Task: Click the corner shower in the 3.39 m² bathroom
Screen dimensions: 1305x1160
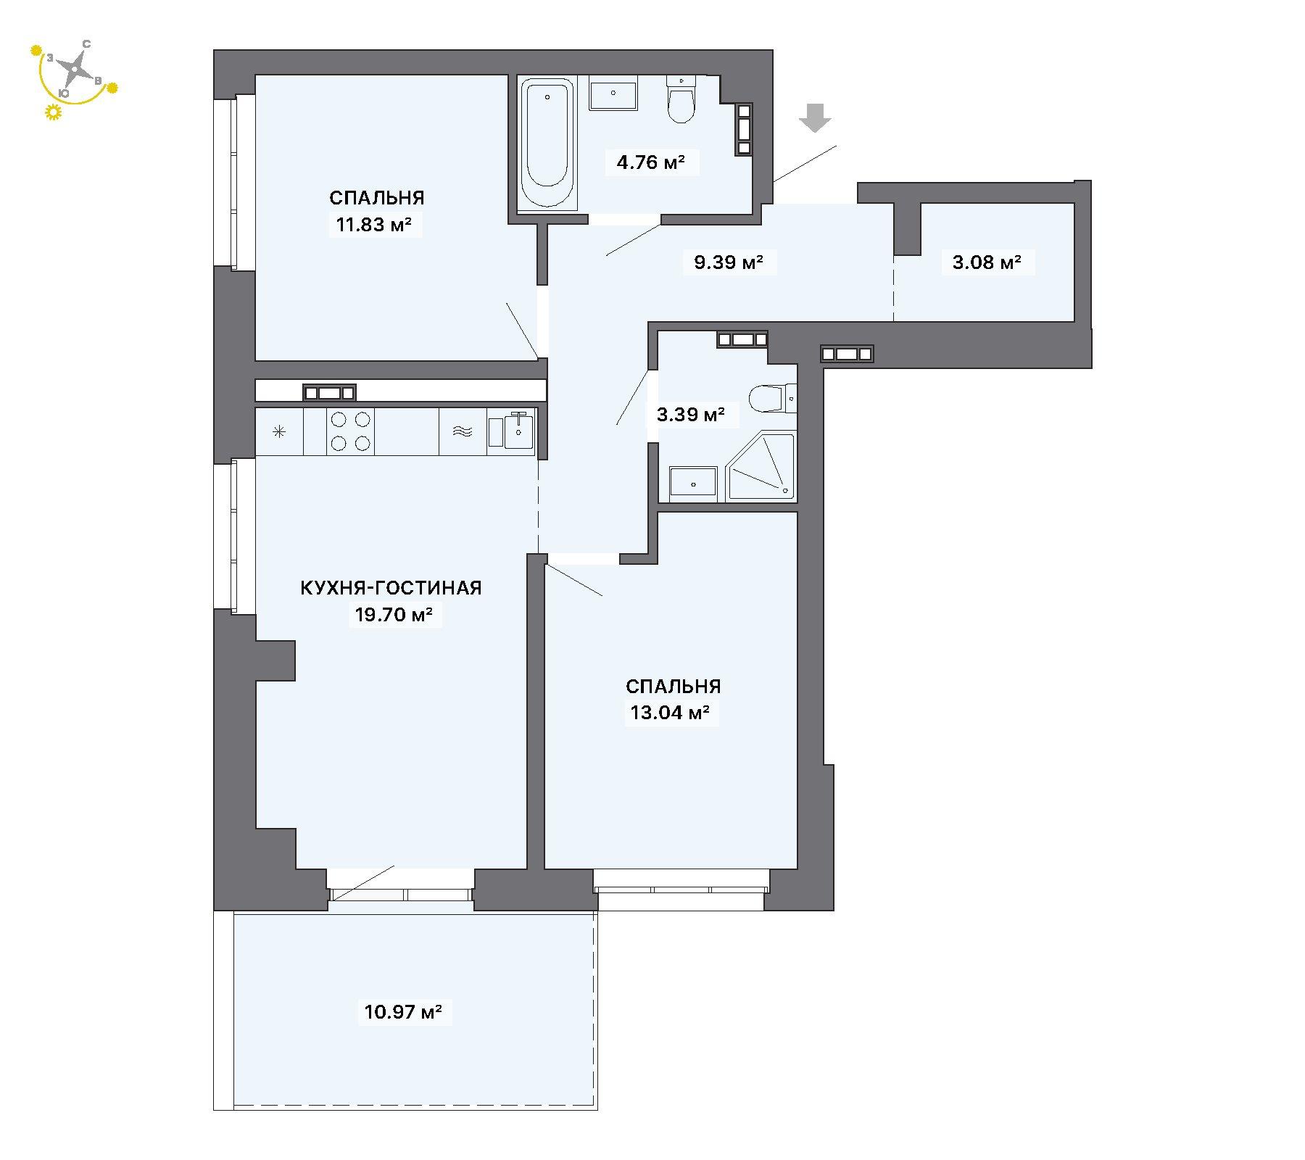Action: tap(761, 465)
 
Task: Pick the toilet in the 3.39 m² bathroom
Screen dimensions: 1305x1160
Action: tap(772, 398)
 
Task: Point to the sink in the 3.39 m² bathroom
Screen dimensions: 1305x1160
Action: tap(693, 483)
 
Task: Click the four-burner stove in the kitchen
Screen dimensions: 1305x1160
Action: tap(350, 431)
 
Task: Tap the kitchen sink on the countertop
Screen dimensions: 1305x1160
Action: tap(519, 431)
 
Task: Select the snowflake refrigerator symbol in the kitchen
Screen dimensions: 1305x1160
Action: tap(279, 432)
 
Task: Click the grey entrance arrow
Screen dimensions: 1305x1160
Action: tap(816, 118)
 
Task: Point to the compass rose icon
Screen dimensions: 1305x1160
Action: tap(73, 70)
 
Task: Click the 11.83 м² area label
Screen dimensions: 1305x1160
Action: tap(375, 225)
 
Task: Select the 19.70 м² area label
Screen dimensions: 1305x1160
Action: tap(394, 616)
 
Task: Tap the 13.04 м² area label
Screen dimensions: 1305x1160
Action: tap(670, 713)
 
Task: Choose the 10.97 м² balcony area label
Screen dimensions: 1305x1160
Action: tap(403, 1011)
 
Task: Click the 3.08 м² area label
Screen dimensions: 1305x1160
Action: tap(987, 262)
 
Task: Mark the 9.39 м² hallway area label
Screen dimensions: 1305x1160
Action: tap(729, 262)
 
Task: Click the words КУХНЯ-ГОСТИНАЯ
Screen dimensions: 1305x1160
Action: tap(391, 588)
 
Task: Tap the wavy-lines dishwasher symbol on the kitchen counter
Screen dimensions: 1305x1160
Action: tap(463, 432)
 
